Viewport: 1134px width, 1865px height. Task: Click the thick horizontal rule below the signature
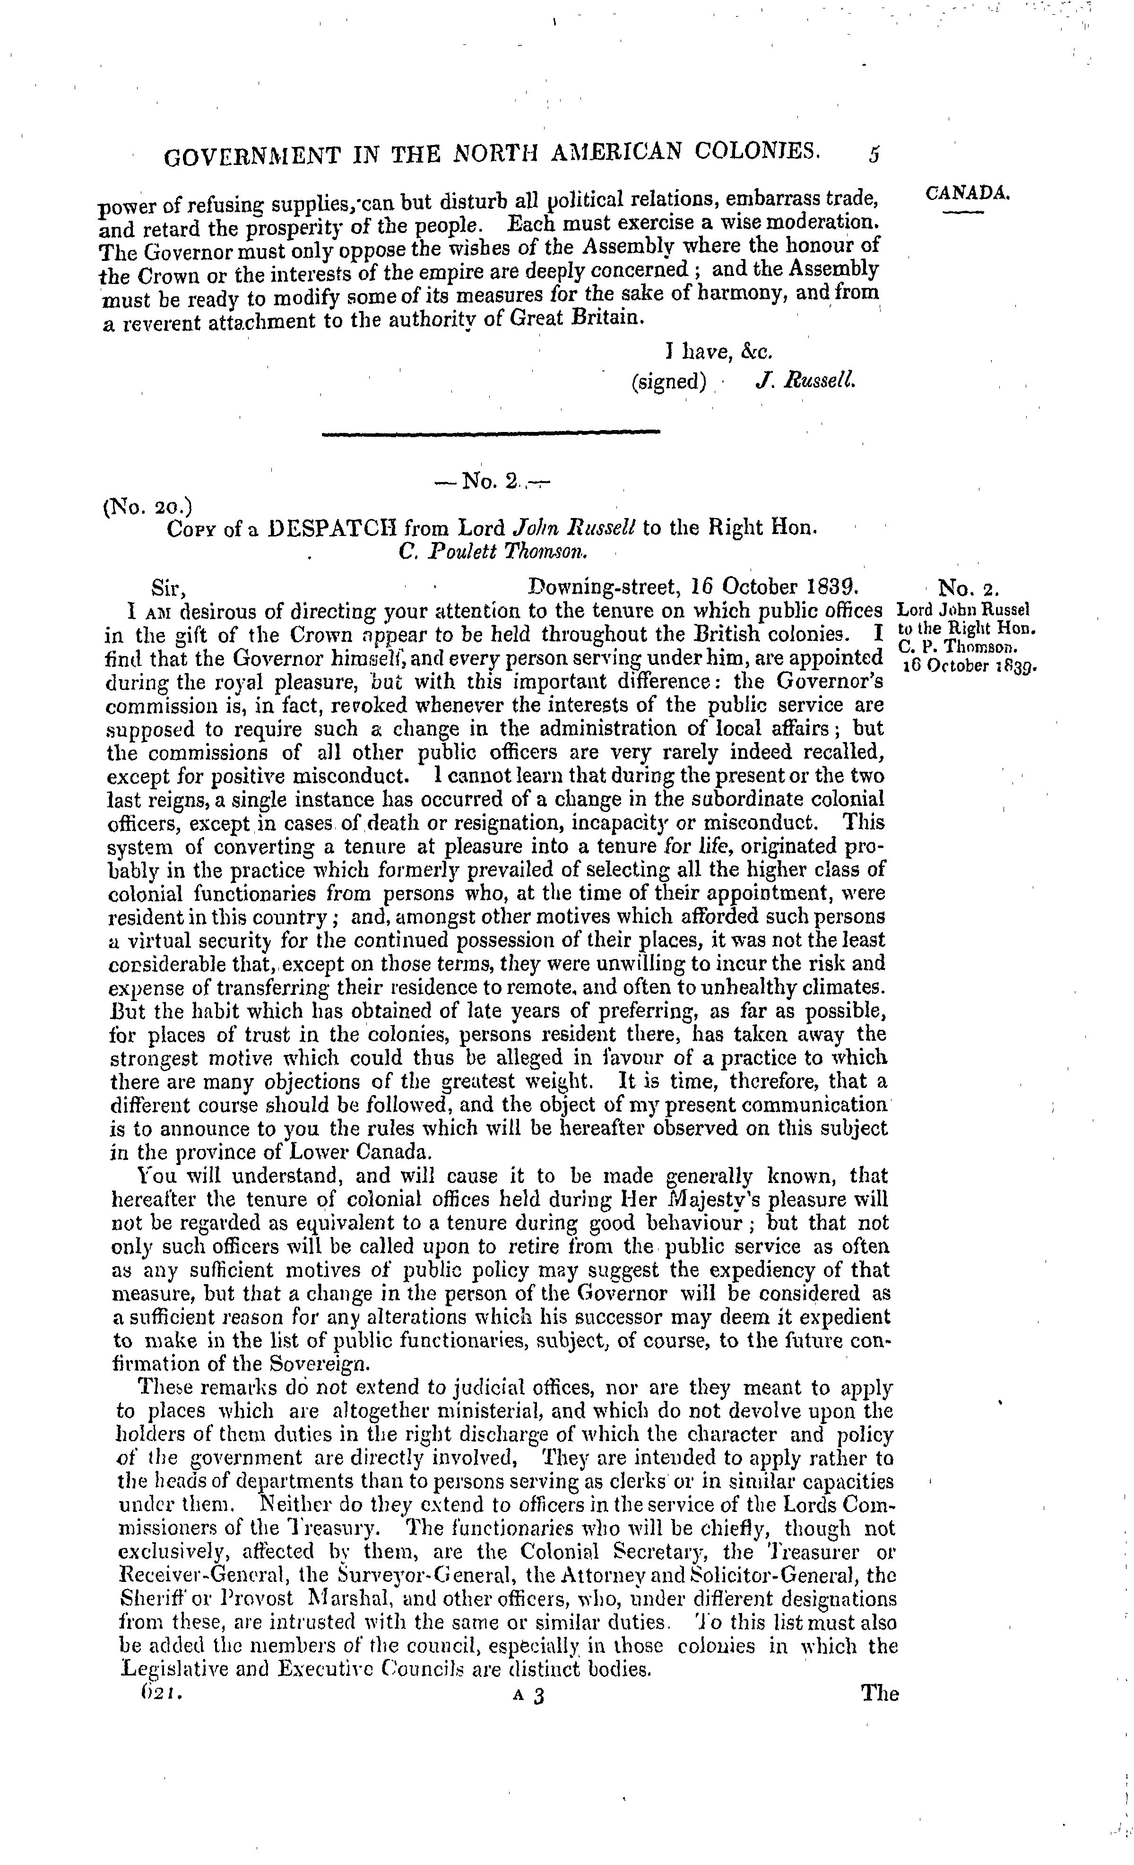491,432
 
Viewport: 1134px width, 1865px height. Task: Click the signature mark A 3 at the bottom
528,1696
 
